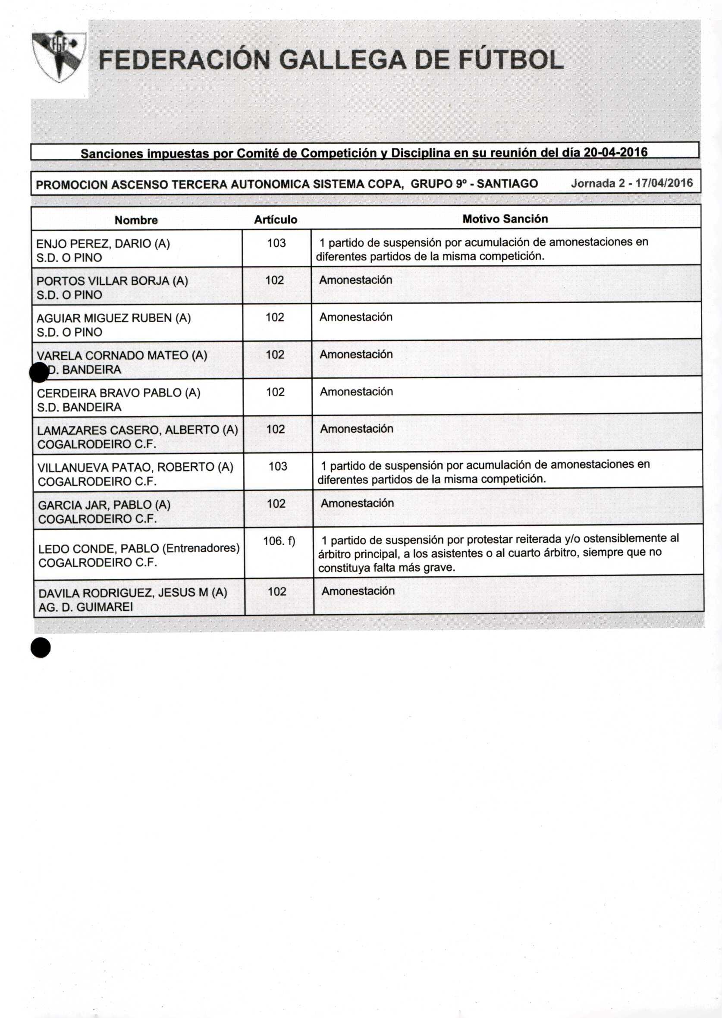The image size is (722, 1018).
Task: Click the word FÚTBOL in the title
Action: (x=511, y=60)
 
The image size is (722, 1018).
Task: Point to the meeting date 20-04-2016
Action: (x=615, y=152)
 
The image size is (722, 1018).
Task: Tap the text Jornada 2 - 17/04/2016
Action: (x=631, y=183)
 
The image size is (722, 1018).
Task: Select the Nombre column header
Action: (x=136, y=220)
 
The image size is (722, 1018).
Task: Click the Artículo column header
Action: (x=276, y=220)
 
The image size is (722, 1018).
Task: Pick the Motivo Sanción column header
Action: (x=505, y=219)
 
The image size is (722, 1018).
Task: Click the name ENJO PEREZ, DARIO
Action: (x=103, y=244)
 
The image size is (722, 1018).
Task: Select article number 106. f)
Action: (x=279, y=541)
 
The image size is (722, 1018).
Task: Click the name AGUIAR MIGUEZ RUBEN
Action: (x=113, y=318)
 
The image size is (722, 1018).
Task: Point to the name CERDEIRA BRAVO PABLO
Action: (x=118, y=393)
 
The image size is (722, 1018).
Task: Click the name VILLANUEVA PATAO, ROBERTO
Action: (x=135, y=467)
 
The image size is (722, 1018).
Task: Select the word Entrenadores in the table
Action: (x=200, y=548)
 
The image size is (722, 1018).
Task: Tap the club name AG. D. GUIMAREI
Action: (x=85, y=607)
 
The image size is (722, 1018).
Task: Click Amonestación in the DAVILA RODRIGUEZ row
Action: (x=358, y=591)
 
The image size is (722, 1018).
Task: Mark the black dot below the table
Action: (x=41, y=648)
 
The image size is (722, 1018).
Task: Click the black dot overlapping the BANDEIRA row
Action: (x=39, y=372)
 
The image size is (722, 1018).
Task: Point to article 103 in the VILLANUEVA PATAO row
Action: (x=277, y=466)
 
